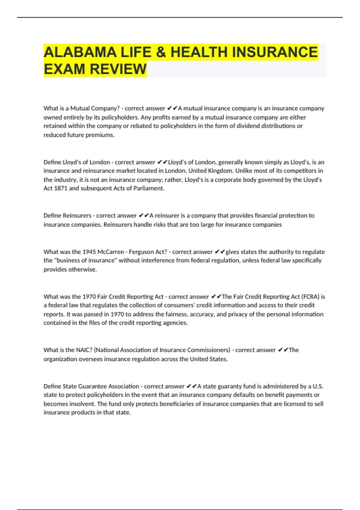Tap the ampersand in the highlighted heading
click(161, 52)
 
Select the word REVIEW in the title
click(118, 69)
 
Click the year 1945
click(89, 252)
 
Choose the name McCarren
click(111, 252)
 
